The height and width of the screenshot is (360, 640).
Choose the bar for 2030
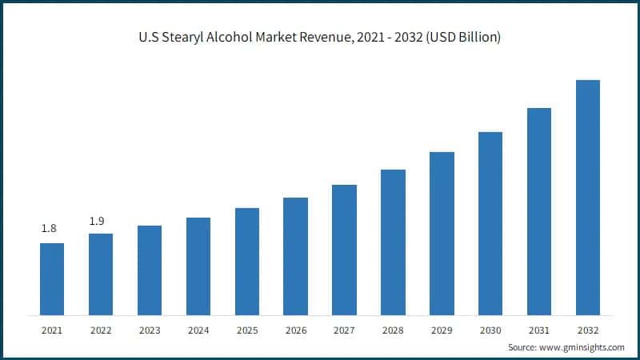coord(490,223)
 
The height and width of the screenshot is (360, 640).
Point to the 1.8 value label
coord(49,229)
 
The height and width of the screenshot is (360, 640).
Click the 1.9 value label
coord(97,220)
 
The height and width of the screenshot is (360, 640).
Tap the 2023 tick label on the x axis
coord(150,329)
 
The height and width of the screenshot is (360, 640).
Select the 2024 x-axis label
coord(198,329)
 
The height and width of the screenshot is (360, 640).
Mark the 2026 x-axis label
coord(296,329)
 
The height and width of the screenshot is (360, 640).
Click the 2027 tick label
coord(345,329)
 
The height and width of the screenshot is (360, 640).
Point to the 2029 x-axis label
coord(442,329)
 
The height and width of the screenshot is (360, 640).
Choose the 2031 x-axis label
coord(539,329)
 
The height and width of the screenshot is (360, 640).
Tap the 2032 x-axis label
coord(588,329)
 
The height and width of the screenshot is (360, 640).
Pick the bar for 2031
coord(539,211)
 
